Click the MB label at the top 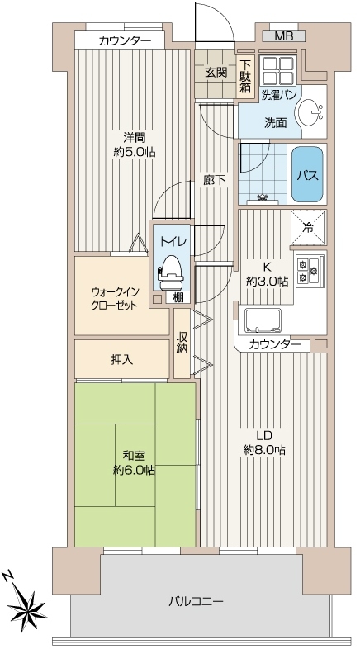point(284,36)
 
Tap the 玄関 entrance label point(216,73)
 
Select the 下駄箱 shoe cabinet point(245,75)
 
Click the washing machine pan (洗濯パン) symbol point(277,70)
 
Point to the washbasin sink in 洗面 point(310,111)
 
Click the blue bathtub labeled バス point(307,174)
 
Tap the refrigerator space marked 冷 point(308,228)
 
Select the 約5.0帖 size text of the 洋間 point(135,152)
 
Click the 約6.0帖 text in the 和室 point(135,470)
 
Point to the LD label point(263,435)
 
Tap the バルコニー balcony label point(197,600)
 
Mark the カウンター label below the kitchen point(275,344)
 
